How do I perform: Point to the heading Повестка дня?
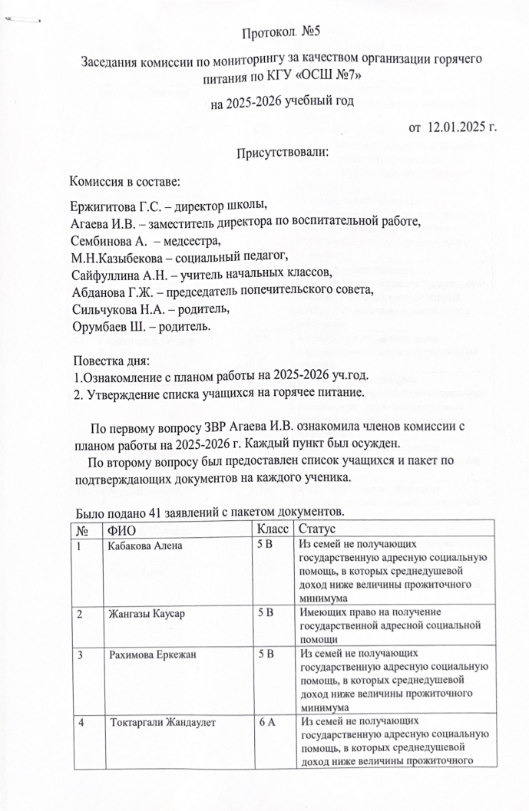(111, 361)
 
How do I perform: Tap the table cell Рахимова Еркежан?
(150, 656)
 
